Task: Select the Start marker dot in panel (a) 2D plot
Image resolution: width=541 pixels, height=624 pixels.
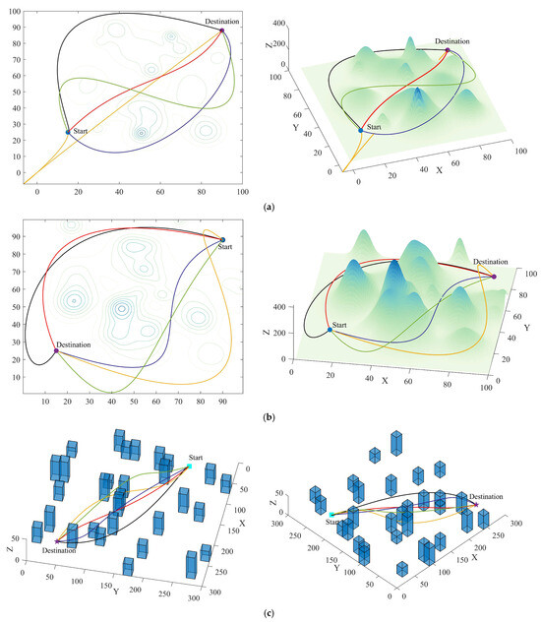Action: (68, 132)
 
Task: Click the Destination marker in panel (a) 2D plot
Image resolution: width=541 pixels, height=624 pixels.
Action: (222, 31)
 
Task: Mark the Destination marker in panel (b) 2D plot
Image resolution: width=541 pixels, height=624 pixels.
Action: (56, 350)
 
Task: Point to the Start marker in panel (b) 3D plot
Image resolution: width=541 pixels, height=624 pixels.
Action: (330, 330)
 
